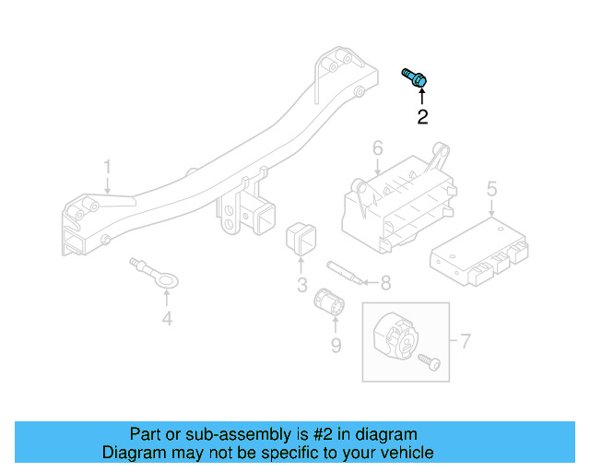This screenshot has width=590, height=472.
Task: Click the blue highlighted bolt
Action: coord(415,79)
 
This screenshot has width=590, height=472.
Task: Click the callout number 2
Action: coord(422,117)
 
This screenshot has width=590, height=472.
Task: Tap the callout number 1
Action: coord(107,167)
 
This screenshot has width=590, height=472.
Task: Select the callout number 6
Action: coord(378,147)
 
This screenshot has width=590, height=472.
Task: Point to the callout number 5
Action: coord(491,189)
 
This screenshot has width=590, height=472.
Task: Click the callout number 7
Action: coord(465,342)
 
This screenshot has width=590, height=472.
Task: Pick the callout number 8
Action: coord(385,282)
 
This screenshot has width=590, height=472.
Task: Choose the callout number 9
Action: coord(336,345)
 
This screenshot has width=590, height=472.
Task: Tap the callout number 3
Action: coord(302,285)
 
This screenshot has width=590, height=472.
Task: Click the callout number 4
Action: coord(167,320)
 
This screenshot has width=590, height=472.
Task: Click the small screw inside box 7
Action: coord(430,362)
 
